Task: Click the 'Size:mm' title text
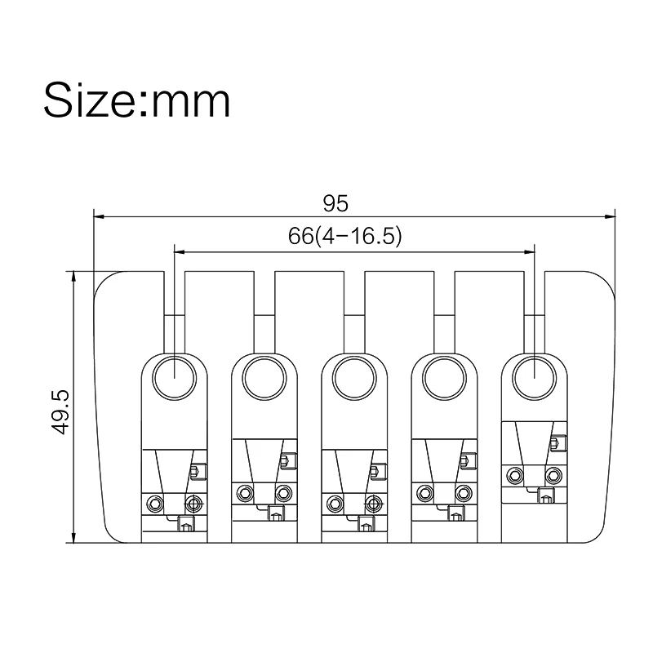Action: (136, 100)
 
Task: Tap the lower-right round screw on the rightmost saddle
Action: (553, 475)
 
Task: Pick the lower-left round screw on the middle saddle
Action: (334, 493)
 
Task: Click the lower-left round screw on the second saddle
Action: (244, 492)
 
